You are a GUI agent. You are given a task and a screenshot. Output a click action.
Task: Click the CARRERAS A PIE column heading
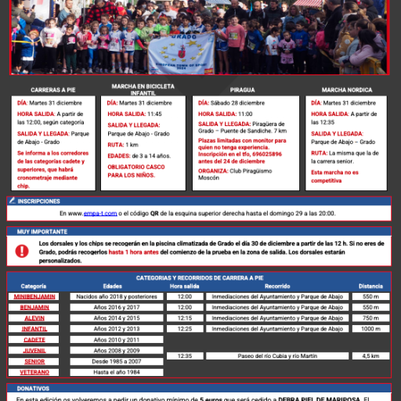[x=53, y=90]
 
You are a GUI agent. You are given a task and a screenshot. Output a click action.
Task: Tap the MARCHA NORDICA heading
[x=346, y=90]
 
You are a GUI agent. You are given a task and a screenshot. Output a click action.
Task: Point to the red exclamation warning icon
[x=21, y=251]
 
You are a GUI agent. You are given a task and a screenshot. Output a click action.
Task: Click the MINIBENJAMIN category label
[x=34, y=297]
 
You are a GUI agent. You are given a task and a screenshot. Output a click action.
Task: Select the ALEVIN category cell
[x=34, y=318]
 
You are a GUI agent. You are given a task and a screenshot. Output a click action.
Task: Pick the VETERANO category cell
[x=34, y=372]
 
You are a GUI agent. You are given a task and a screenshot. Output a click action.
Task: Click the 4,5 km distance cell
[x=370, y=356]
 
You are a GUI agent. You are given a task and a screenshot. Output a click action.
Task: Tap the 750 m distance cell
[x=370, y=318]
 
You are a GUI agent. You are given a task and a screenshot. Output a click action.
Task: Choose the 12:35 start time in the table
[x=185, y=356]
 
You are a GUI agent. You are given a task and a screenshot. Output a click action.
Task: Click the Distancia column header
[x=370, y=287]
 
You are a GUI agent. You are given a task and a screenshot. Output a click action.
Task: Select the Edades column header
[x=113, y=287]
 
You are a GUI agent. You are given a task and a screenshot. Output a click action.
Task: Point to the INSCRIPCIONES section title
[x=39, y=201]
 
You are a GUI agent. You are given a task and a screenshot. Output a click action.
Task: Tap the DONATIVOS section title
[x=33, y=388]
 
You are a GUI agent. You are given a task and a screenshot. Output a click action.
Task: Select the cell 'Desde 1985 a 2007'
[x=115, y=361]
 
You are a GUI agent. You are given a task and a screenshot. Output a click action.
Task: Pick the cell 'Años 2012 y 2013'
[x=115, y=329]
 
